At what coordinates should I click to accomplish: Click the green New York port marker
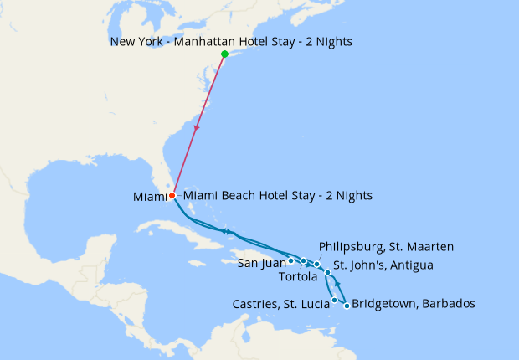(224, 54)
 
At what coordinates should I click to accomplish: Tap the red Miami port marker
(172, 196)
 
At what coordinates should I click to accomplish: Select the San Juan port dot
(290, 260)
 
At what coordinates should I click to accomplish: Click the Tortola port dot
(304, 261)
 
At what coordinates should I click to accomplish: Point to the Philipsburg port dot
(317, 265)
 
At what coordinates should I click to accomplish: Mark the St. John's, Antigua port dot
(328, 273)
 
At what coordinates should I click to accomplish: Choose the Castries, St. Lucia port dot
(335, 300)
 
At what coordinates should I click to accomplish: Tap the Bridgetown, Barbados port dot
(347, 306)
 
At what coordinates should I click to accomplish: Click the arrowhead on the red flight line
(197, 128)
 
